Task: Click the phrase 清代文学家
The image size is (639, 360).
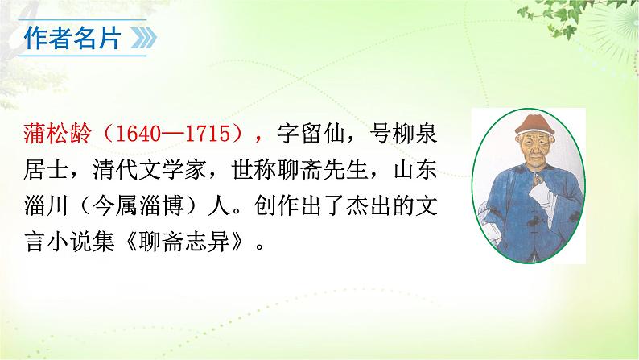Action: (x=130, y=171)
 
